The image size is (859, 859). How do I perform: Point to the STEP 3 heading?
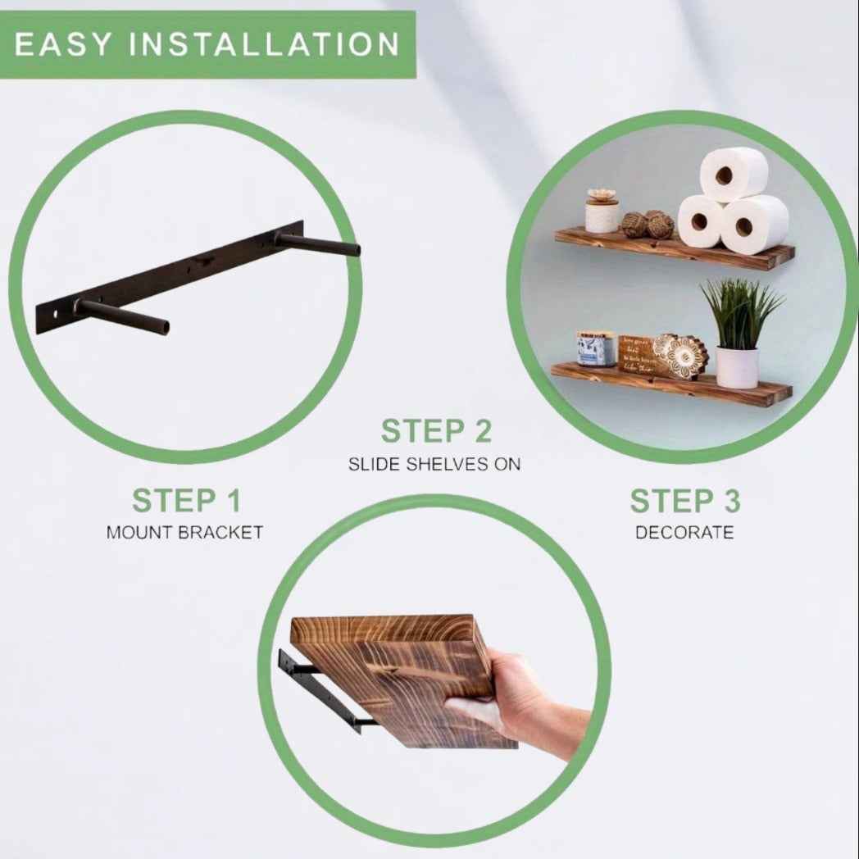[684, 501]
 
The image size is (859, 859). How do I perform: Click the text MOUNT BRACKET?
[185, 533]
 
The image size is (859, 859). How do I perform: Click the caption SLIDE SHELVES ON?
[434, 464]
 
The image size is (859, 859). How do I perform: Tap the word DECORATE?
[684, 533]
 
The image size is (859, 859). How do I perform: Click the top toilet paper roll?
[733, 174]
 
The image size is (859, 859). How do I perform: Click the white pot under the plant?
[737, 367]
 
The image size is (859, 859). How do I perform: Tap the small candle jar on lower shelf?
[596, 348]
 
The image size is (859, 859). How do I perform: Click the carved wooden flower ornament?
[679, 357]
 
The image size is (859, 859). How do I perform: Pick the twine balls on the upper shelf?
[648, 225]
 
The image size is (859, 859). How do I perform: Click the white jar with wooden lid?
[602, 213]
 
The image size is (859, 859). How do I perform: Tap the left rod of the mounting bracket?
[123, 317]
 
